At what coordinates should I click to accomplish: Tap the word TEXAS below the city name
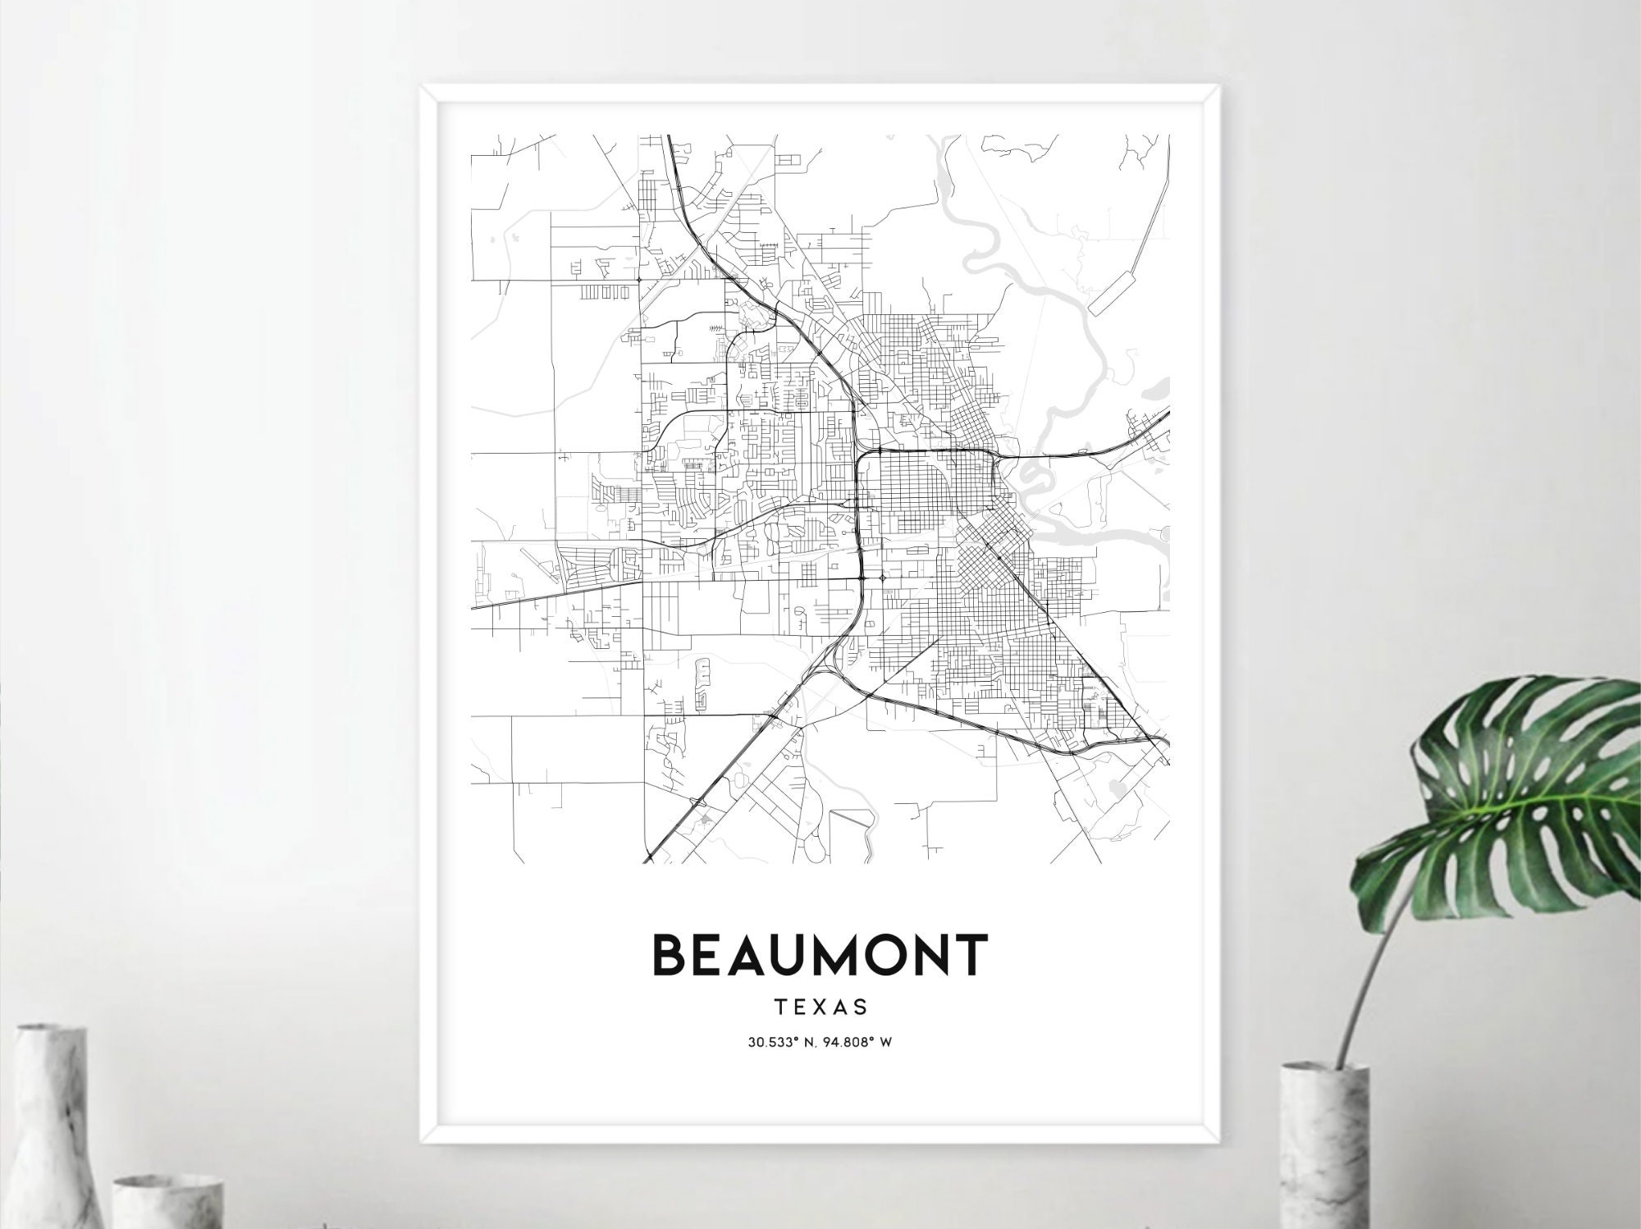[x=820, y=1006]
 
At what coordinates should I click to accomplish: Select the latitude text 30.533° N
[x=783, y=1043]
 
